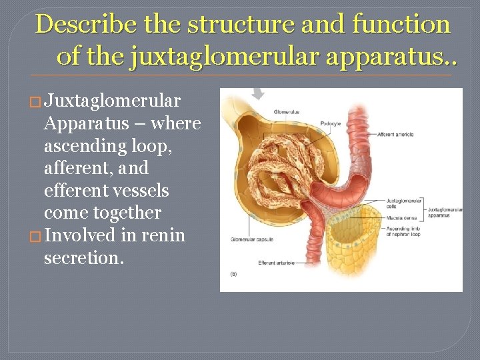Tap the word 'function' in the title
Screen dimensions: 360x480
point(401,25)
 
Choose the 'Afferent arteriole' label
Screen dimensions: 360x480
point(397,135)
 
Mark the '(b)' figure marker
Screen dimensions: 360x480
point(233,274)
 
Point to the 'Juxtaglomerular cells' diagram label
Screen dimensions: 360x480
point(403,203)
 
